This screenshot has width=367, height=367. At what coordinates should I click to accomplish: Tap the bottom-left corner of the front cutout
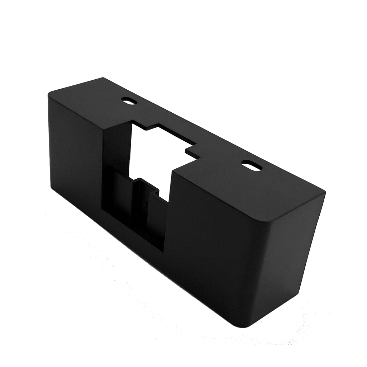(103, 208)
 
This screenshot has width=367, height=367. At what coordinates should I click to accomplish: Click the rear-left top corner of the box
(103, 77)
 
